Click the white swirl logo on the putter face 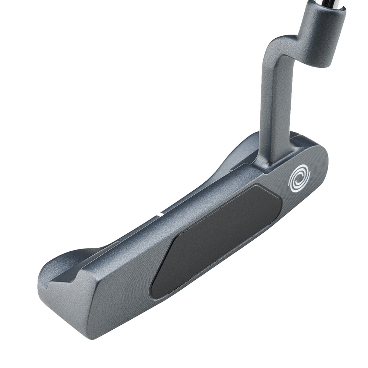[x=299, y=178]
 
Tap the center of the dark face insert [x=216, y=241]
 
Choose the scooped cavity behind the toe [x=63, y=265]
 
